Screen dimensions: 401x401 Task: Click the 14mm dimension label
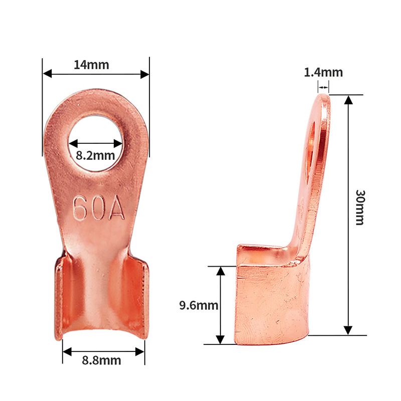click(x=91, y=65)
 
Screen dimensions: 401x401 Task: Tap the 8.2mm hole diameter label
click(x=95, y=155)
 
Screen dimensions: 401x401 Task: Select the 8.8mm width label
click(x=102, y=360)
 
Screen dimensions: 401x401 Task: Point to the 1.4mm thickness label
click(x=323, y=72)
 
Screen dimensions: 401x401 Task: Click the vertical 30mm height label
click(x=360, y=208)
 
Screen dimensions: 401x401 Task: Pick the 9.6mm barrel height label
click(x=198, y=305)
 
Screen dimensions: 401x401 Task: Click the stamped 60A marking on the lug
click(x=99, y=208)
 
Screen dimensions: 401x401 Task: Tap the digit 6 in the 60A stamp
click(x=80, y=208)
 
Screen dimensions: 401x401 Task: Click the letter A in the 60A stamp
click(x=117, y=207)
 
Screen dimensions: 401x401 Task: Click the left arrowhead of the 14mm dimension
click(x=47, y=74)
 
